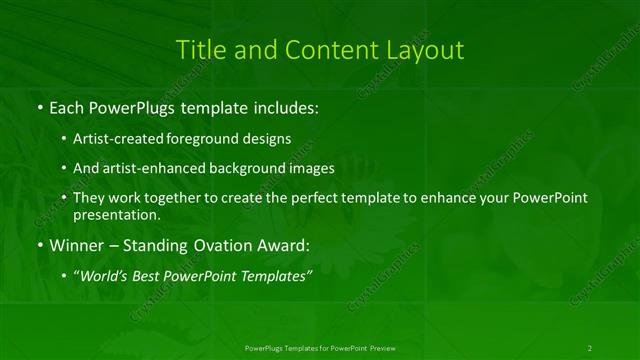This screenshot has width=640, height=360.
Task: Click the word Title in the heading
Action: [x=198, y=49]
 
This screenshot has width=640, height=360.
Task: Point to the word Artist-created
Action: [x=113, y=139]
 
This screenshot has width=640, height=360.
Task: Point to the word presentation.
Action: [x=116, y=215]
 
